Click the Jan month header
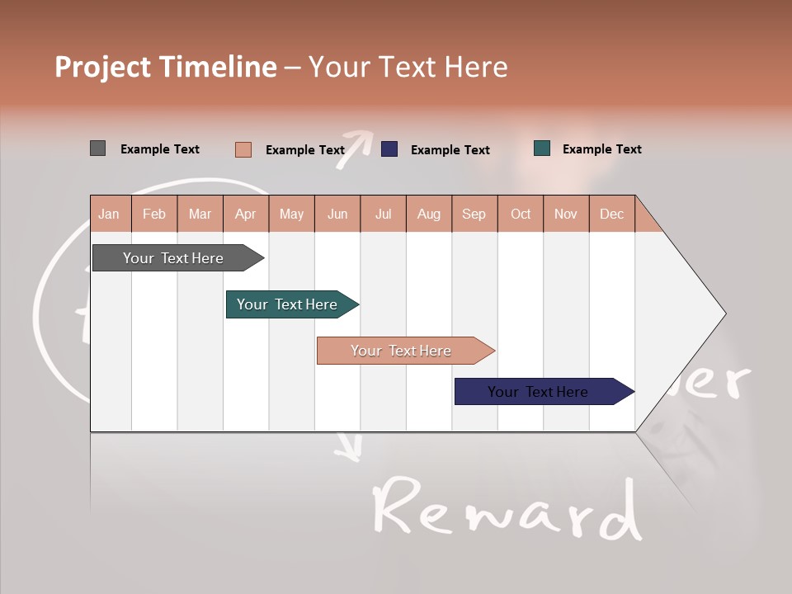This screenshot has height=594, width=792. (x=110, y=214)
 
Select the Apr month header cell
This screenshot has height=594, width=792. (x=246, y=214)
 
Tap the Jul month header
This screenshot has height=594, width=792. (x=383, y=214)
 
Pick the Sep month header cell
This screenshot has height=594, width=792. (x=474, y=214)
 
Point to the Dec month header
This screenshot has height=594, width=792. (x=611, y=214)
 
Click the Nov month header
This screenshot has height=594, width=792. (x=565, y=214)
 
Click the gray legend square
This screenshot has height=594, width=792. (x=97, y=148)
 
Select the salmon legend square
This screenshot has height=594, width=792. (x=243, y=149)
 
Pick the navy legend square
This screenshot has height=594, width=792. (x=389, y=149)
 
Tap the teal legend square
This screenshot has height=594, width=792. (x=541, y=148)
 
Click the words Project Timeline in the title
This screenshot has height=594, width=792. (x=165, y=67)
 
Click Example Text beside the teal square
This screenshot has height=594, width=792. (x=601, y=149)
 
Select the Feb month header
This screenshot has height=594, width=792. (x=154, y=214)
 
